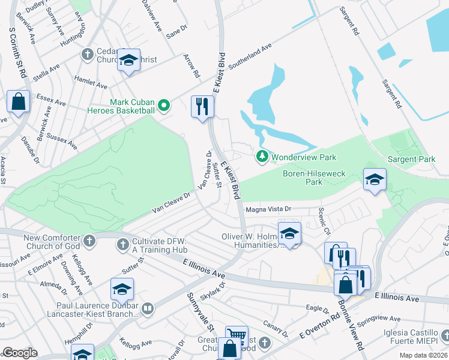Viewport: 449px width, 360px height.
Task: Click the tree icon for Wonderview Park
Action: [262, 157]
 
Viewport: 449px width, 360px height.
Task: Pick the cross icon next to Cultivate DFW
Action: [123, 244]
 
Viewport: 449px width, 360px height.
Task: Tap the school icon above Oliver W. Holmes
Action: [289, 233]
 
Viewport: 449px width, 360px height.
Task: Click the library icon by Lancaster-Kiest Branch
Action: [147, 310]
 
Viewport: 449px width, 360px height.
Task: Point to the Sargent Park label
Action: [411, 159]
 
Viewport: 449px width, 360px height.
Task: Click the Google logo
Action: [20, 353]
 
